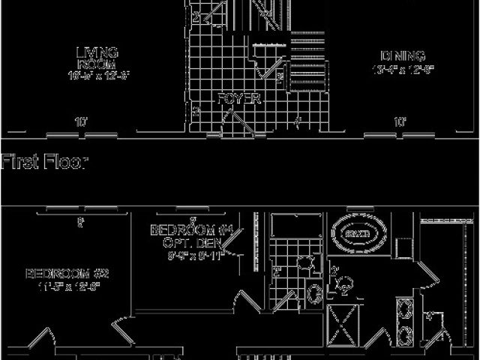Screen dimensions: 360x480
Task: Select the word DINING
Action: [403, 56]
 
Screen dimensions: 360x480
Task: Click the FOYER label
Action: [239, 99]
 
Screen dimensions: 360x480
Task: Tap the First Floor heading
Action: [45, 162]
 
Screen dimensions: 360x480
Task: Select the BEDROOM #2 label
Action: [63, 272]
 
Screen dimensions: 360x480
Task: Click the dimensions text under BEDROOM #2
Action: [63, 286]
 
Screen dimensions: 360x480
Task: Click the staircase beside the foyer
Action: [307, 60]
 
